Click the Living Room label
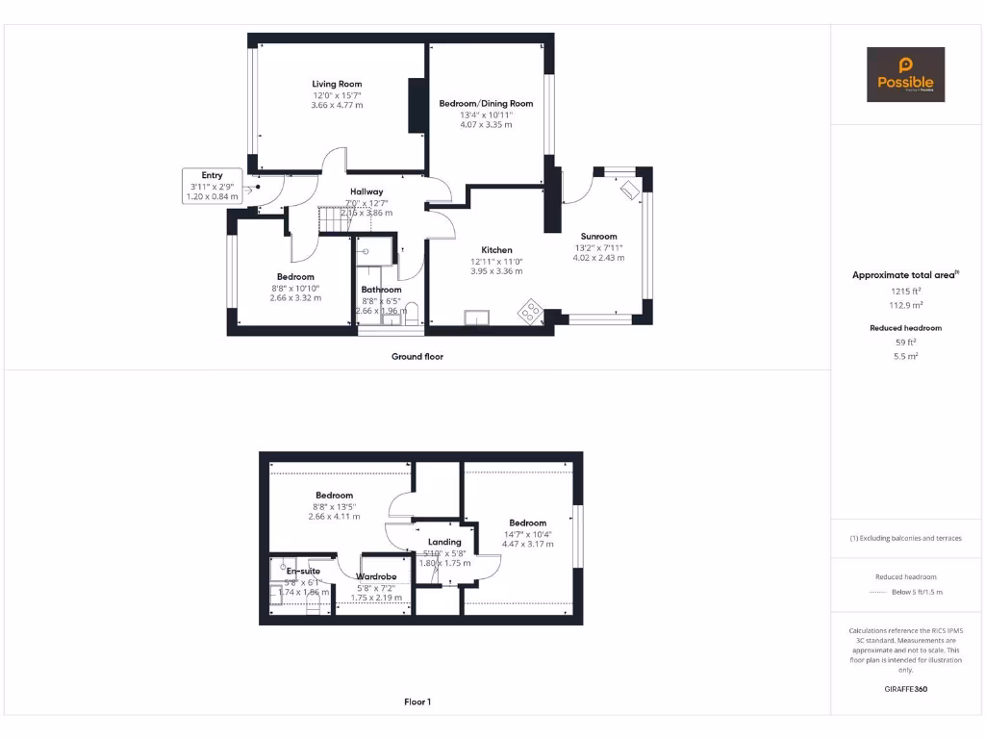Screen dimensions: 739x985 [337, 84]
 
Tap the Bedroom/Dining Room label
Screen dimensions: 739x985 [486, 103]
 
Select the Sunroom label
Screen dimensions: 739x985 [598, 236]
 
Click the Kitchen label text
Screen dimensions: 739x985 [496, 249]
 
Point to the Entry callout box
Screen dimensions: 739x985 [212, 186]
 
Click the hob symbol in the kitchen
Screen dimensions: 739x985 [530, 311]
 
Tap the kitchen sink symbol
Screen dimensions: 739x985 [476, 317]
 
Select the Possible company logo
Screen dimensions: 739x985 [905, 75]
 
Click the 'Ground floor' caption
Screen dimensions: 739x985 [417, 356]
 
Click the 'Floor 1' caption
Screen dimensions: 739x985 [417, 702]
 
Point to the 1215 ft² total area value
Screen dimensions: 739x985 [904, 290]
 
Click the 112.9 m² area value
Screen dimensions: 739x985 [904, 304]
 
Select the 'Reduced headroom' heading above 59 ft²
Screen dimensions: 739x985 [904, 328]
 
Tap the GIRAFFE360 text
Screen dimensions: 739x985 [905, 689]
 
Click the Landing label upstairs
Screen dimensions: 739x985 [444, 542]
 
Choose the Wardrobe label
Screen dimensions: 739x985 [376, 576]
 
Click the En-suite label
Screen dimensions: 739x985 [303, 571]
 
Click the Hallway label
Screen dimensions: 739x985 [366, 191]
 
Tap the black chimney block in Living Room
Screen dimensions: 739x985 [417, 105]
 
